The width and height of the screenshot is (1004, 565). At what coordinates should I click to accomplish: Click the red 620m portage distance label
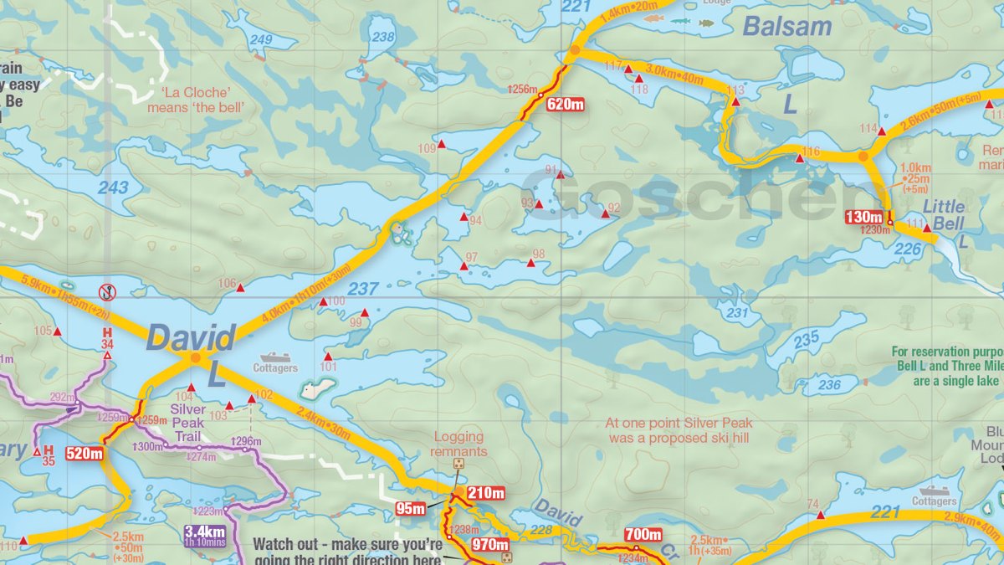pyautogui.click(x=566, y=105)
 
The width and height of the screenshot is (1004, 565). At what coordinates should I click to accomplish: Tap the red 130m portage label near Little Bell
pyautogui.click(x=864, y=217)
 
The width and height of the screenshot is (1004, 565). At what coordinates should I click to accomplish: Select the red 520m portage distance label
pyautogui.click(x=85, y=454)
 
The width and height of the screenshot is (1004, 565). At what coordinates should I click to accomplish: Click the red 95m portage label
pyautogui.click(x=410, y=508)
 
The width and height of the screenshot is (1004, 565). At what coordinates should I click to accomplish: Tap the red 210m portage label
pyautogui.click(x=486, y=492)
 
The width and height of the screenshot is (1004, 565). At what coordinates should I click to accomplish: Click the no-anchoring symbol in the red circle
pyautogui.click(x=107, y=292)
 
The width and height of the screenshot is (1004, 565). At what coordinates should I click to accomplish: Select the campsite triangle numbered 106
pyautogui.click(x=240, y=288)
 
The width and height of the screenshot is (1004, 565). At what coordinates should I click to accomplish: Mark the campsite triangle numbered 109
pyautogui.click(x=441, y=146)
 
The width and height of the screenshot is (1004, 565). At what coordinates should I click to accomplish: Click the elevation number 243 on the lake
pyautogui.click(x=113, y=187)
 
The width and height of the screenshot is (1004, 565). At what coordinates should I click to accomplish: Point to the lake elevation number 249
pyautogui.click(x=261, y=40)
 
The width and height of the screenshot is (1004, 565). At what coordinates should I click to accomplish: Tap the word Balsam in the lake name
pyautogui.click(x=787, y=27)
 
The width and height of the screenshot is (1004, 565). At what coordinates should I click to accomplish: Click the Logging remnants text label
pyautogui.click(x=458, y=444)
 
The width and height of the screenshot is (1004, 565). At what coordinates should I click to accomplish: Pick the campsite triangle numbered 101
pyautogui.click(x=327, y=357)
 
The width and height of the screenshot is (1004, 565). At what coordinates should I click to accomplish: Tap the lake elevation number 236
pyautogui.click(x=829, y=384)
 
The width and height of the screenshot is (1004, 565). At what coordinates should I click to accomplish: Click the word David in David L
pyautogui.click(x=190, y=339)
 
